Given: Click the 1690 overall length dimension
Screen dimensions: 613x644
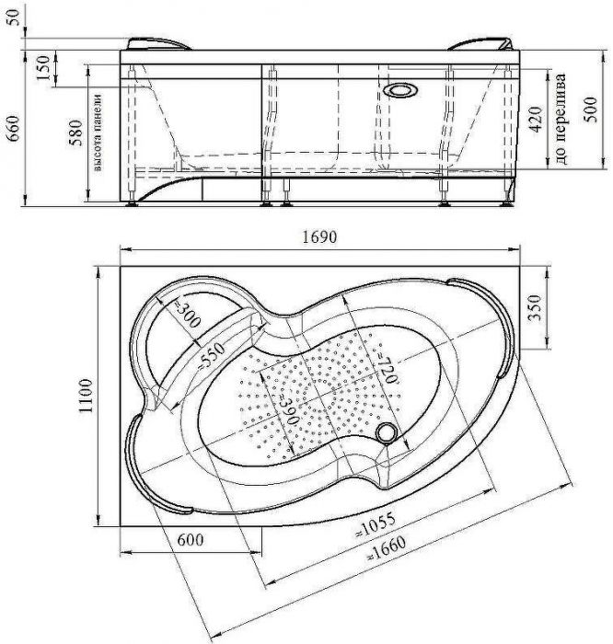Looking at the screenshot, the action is [319, 237].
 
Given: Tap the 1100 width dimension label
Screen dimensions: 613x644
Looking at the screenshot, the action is [86, 396].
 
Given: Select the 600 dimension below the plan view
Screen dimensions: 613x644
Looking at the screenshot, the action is [191, 540].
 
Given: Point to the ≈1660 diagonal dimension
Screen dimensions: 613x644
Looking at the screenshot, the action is [387, 548].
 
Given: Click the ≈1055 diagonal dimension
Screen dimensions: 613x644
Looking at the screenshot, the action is [376, 525].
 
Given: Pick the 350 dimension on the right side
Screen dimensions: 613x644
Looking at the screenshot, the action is [534, 307].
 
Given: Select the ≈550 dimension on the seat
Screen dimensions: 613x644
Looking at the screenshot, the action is [211, 356].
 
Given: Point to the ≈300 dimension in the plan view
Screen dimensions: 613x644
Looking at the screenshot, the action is [187, 315].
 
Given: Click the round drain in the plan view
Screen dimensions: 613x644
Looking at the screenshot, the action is [387, 433].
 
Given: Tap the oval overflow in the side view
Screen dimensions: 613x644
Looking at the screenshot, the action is [401, 91].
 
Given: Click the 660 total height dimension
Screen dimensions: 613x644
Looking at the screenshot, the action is [14, 128].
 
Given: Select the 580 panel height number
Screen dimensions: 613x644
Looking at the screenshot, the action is [75, 132].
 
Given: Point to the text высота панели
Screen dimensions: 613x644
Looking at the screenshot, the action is [98, 132].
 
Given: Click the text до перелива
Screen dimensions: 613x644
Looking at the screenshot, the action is [562, 119].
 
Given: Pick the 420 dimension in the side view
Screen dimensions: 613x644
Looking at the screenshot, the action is [535, 120].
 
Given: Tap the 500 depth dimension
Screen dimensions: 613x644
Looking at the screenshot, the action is [590, 109].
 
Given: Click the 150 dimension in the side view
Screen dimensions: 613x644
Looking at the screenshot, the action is [42, 68].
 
